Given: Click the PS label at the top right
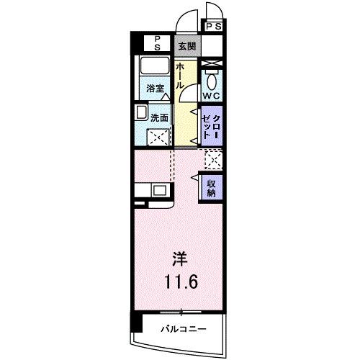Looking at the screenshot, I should tap(214, 27).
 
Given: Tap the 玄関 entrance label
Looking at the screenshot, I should tap(187, 45).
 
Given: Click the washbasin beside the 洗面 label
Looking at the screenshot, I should tap(140, 114).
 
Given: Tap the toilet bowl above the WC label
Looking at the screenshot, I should tap(212, 78).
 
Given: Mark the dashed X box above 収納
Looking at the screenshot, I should tap(212, 160).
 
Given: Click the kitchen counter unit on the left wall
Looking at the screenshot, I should tap(151, 191).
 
